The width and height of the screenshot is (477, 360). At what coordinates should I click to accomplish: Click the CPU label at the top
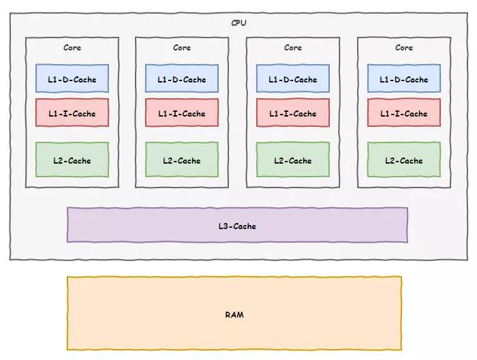(238, 22)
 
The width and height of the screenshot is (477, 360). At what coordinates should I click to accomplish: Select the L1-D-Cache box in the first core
(72, 79)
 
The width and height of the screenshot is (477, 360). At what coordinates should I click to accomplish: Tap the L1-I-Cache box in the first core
(72, 113)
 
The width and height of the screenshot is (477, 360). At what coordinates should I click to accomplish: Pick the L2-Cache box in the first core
(72, 160)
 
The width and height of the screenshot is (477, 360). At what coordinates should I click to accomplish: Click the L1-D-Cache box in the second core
(182, 79)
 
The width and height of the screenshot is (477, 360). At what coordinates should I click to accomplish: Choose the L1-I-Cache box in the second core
(182, 113)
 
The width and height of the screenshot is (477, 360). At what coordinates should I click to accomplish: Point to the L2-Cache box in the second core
(182, 160)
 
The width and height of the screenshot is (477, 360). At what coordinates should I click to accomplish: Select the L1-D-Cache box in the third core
(293, 79)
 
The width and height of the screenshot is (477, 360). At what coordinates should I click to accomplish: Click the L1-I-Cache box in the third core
(293, 113)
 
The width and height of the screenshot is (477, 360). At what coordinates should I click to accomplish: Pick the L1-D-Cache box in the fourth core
(404, 79)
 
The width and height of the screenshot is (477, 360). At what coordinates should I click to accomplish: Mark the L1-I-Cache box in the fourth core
(404, 113)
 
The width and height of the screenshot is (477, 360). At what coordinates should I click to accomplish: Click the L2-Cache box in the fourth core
(404, 160)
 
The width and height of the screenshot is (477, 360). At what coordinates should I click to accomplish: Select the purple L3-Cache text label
(237, 226)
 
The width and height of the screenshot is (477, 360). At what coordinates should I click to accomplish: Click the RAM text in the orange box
(234, 314)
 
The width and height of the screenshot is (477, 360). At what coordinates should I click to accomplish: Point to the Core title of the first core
(72, 48)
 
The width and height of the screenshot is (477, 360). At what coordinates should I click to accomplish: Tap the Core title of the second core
(182, 48)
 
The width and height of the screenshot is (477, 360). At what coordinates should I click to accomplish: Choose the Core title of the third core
(293, 48)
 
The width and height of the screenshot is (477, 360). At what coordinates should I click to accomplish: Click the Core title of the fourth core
(404, 48)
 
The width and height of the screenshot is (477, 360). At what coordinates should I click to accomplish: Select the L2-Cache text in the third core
(293, 161)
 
